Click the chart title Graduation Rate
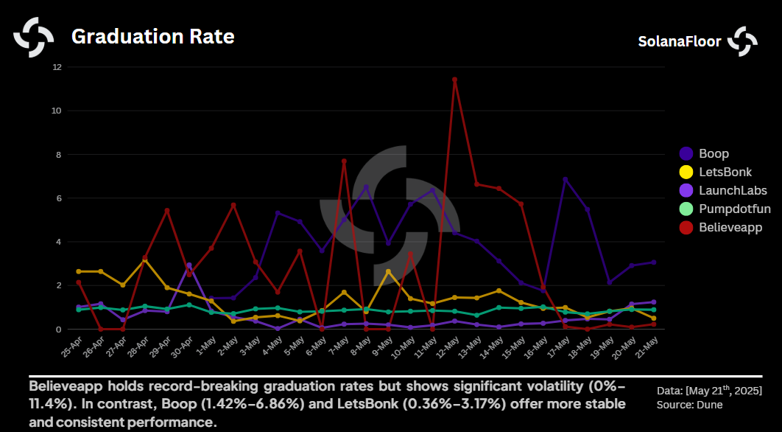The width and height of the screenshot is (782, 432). point(152,36)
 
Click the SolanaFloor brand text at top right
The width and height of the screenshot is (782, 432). point(679,42)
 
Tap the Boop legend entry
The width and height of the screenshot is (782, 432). point(714,153)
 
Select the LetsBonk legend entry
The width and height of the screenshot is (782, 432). point(726,172)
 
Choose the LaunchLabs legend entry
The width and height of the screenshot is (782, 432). point(733,190)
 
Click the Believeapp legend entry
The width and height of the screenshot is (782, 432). point(730,227)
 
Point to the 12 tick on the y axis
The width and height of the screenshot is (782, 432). point(57,67)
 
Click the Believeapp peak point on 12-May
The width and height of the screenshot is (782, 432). point(454,80)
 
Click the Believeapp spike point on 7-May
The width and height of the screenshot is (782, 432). point(344,161)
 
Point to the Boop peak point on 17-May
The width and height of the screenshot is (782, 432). point(565,179)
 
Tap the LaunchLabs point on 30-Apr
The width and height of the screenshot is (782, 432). point(189,265)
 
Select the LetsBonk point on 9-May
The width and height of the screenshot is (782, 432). point(388,271)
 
